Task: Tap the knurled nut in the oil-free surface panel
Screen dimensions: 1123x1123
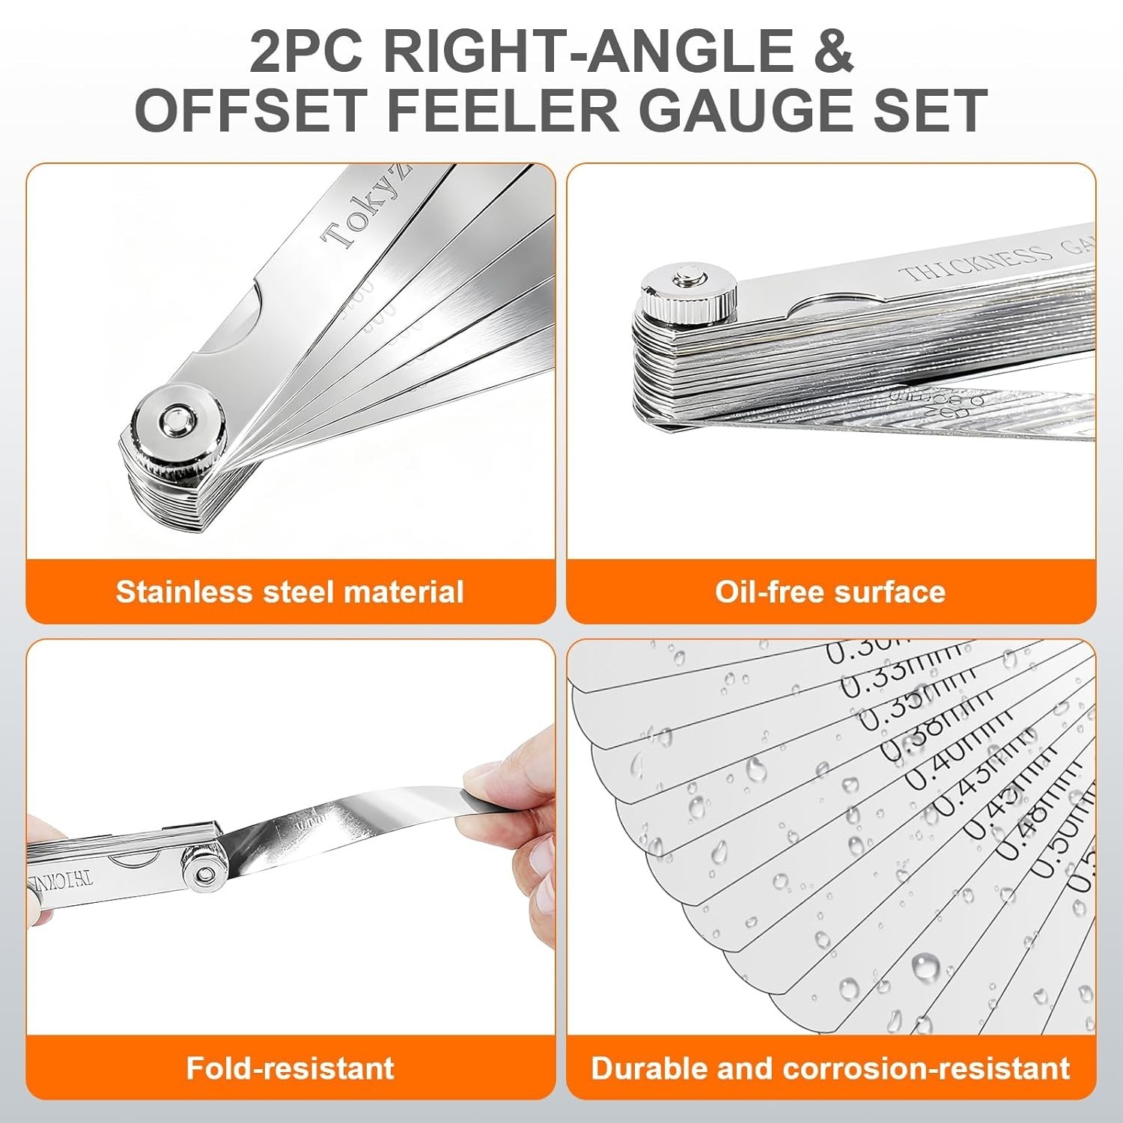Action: pyautogui.click(x=687, y=292)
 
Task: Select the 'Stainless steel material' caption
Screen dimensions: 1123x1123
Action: pyautogui.click(x=290, y=591)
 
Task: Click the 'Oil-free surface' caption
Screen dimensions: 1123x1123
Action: pyautogui.click(x=830, y=591)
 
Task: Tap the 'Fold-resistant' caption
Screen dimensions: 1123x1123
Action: pyautogui.click(x=290, y=1067)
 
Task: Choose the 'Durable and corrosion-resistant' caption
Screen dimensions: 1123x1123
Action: pyautogui.click(x=830, y=1067)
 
